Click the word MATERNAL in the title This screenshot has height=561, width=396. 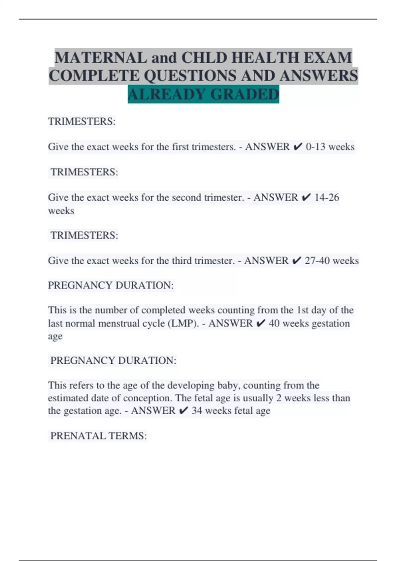tap(101, 58)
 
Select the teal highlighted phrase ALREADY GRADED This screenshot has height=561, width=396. tap(203, 94)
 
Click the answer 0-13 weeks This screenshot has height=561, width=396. tap(330, 147)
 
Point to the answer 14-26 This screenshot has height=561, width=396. tap(327, 197)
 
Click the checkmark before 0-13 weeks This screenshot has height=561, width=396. tap(297, 147)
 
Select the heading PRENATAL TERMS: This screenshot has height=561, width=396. tap(98, 436)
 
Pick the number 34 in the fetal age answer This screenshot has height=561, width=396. tap(197, 411)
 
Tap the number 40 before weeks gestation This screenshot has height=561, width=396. tap(274, 323)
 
